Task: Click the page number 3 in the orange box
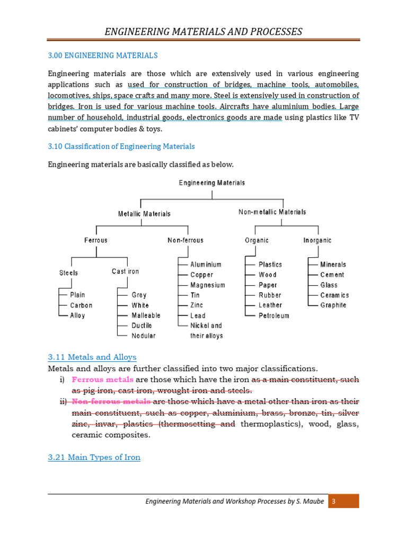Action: pos(334,501)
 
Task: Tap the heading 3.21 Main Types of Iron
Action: pos(94,457)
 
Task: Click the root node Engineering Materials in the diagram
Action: pos(212,183)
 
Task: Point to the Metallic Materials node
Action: pos(144,214)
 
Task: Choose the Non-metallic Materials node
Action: pos(272,212)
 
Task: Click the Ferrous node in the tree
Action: pos(96,240)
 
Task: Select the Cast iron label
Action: pos(126,272)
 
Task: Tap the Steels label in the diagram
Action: pos(68,273)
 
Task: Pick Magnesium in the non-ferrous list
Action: pos(208,285)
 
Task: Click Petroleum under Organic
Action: pos(274,315)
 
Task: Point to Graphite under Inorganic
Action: pos(333,305)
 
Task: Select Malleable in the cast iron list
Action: pos(146,315)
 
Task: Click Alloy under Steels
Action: pos(77,315)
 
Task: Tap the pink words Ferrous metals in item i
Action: pos(103,380)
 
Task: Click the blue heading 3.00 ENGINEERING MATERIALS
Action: pos(103,55)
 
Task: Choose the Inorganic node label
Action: pos(317,240)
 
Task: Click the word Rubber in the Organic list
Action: pos(270,295)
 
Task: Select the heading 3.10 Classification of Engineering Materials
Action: pos(121,146)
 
